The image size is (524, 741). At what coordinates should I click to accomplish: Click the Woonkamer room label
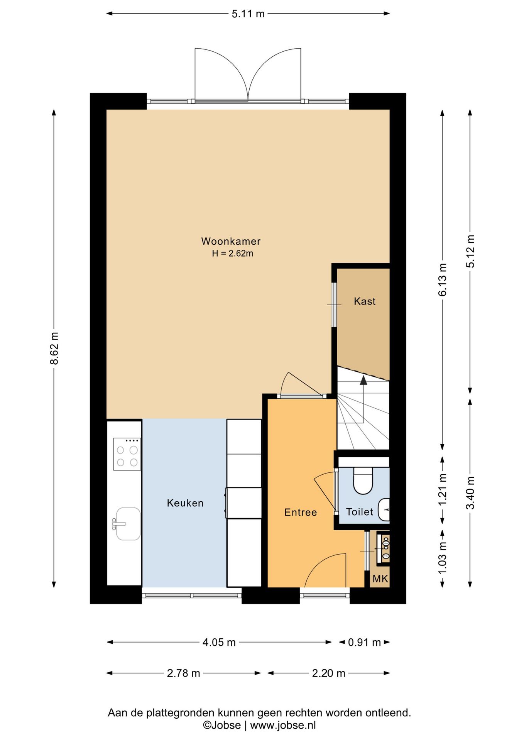(x=231, y=241)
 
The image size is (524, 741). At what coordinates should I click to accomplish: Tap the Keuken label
(x=185, y=503)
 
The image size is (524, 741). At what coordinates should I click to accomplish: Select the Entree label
(x=301, y=512)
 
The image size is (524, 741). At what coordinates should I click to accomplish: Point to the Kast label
(x=365, y=301)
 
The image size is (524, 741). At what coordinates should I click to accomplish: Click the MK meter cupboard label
(x=380, y=579)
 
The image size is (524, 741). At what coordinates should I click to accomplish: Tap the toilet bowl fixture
(x=363, y=480)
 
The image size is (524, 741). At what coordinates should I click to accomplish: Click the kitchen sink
(x=127, y=523)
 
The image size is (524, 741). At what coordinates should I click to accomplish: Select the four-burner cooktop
(x=127, y=454)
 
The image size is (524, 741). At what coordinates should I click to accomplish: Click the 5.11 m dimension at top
(x=248, y=14)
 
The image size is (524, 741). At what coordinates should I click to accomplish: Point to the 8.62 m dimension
(x=54, y=348)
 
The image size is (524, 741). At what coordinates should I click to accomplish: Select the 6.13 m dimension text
(x=443, y=280)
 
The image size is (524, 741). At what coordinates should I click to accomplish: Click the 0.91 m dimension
(x=364, y=642)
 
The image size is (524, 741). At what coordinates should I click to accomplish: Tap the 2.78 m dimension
(x=183, y=673)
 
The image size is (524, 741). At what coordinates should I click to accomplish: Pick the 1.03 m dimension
(x=443, y=558)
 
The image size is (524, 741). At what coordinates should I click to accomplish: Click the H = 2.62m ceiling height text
(x=232, y=254)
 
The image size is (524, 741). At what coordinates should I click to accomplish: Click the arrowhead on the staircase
(x=363, y=380)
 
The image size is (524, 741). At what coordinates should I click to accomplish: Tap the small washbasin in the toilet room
(x=384, y=510)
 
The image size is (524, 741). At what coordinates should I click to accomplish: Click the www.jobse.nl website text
(x=283, y=725)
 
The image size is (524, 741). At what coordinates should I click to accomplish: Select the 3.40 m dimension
(x=470, y=493)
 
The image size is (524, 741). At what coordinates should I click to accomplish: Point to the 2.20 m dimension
(x=328, y=673)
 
